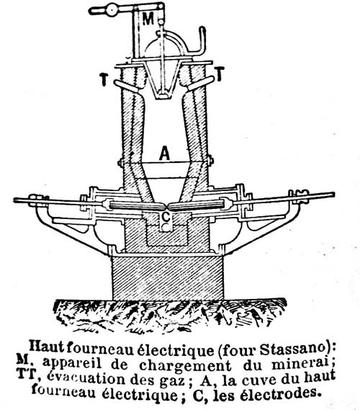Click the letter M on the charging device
(x=148, y=19)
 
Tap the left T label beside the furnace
(x=104, y=79)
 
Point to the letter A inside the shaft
(x=165, y=153)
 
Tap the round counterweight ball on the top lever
(x=112, y=11)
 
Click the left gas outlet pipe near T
(x=126, y=86)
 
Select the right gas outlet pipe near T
(x=201, y=83)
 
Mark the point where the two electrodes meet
(x=167, y=206)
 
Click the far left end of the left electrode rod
(x=14, y=200)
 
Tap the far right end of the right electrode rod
(x=333, y=195)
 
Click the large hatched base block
(x=168, y=277)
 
